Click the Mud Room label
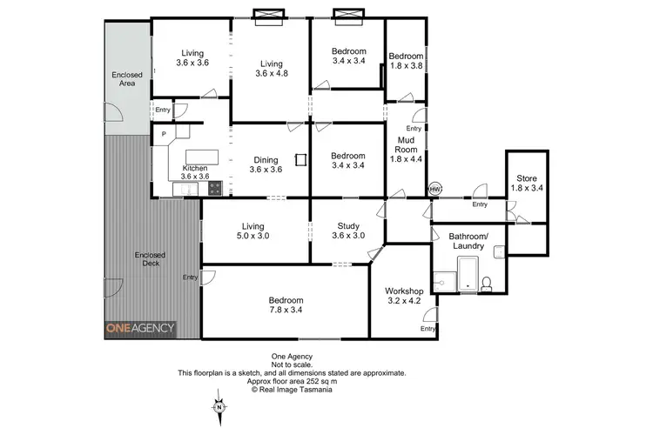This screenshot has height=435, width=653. [x=406, y=149]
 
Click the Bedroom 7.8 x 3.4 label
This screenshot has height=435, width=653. [x=286, y=305]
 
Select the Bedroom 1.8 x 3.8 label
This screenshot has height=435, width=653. [x=406, y=60]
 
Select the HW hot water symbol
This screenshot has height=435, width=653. [x=435, y=189]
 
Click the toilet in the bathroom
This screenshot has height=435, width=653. [x=488, y=281]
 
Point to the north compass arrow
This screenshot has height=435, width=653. [x=220, y=405]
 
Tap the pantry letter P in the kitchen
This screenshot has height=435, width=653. [x=163, y=134]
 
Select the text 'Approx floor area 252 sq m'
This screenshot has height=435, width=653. [x=292, y=381]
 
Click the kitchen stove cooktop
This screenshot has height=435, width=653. [x=214, y=188]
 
